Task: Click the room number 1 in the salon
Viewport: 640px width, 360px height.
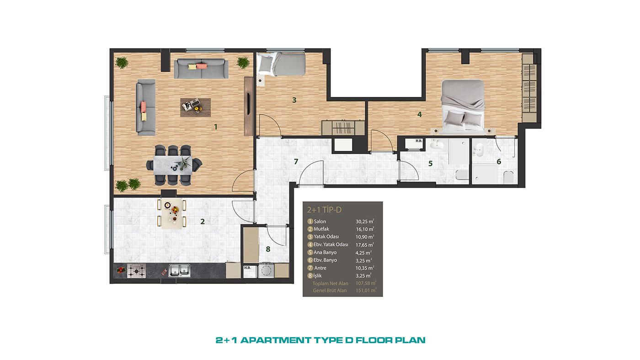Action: click(216, 127)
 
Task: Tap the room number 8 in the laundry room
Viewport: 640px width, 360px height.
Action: click(268, 249)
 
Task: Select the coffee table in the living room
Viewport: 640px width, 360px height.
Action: click(196, 107)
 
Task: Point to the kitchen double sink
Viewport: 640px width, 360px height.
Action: click(179, 270)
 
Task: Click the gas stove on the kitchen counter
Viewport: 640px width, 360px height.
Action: click(136, 270)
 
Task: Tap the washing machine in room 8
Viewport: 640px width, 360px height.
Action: click(266, 270)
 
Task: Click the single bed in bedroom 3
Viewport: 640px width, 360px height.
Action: click(281, 64)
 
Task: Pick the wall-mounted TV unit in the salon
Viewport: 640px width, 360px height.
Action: click(249, 106)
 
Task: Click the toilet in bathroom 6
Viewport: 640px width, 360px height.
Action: click(508, 177)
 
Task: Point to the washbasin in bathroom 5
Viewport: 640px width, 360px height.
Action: click(437, 145)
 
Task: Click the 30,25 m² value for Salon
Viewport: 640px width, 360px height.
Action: click(365, 222)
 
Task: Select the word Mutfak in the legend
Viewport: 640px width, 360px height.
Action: click(321, 229)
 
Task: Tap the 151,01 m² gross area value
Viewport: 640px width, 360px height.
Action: click(366, 291)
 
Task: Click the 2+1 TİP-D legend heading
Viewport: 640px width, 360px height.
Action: click(324, 210)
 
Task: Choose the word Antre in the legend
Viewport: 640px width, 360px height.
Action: click(320, 268)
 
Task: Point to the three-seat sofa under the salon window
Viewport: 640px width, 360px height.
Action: click(201, 69)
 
